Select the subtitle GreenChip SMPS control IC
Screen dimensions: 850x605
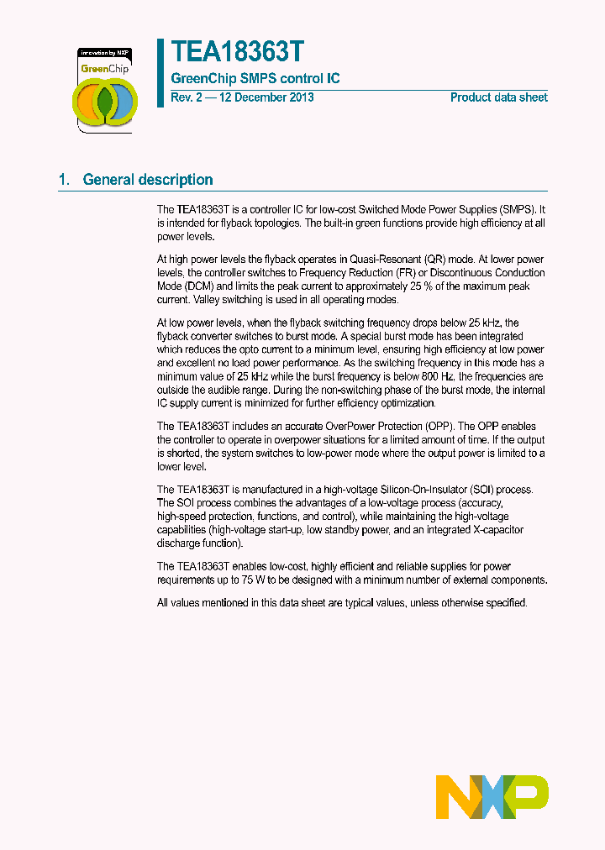(x=255, y=79)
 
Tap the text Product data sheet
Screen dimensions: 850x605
(x=498, y=97)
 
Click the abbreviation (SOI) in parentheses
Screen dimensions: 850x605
(x=486, y=490)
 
